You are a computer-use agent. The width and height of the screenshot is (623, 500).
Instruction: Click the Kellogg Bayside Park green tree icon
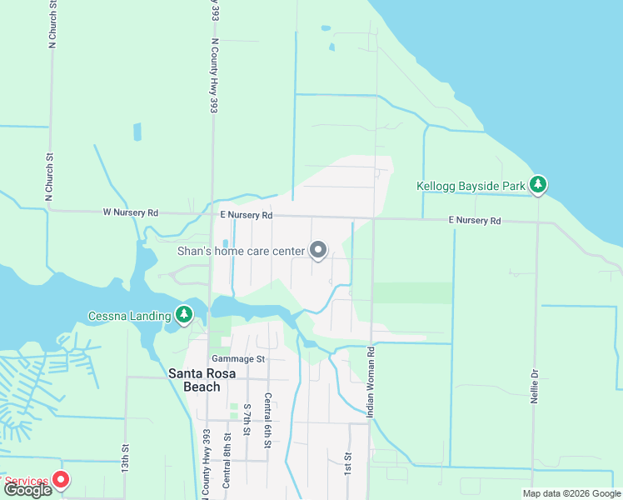tap(538, 185)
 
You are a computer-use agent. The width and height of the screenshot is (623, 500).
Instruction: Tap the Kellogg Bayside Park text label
tap(471, 186)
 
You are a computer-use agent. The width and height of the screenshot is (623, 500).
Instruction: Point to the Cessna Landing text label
tap(128, 316)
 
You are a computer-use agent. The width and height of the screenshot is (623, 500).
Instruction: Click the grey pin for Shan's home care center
tap(318, 249)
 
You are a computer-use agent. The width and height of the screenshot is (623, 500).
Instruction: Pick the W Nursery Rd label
tap(131, 213)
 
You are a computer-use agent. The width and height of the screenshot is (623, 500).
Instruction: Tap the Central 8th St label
tap(227, 462)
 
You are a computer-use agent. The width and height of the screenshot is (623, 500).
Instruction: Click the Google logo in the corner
tap(27, 490)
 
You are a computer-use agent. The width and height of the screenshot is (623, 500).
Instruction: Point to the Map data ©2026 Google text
tap(571, 493)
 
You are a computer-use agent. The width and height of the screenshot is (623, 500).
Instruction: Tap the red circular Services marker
tap(61, 479)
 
